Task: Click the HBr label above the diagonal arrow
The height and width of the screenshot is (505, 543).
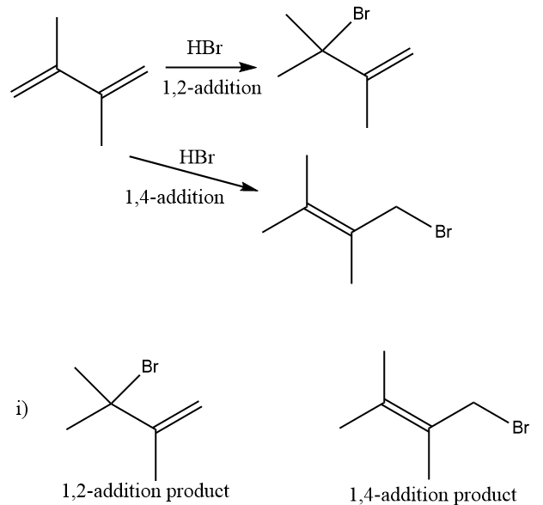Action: [x=197, y=157]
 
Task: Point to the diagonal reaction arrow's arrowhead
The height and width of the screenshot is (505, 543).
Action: [x=250, y=188]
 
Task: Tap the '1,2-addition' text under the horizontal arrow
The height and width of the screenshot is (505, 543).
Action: [x=212, y=89]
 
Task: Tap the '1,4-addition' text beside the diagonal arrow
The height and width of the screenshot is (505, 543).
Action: [x=174, y=198]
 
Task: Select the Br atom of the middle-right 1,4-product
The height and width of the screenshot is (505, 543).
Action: [x=443, y=232]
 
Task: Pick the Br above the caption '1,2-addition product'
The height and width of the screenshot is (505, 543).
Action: [x=149, y=367]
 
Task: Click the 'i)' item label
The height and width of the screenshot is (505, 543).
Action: [x=21, y=410]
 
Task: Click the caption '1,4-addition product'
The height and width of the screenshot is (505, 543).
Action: [x=433, y=493]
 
